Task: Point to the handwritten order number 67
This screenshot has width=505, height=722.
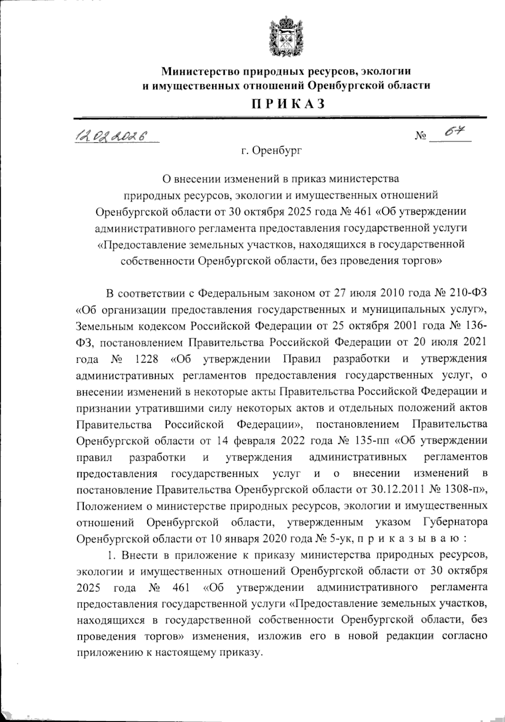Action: (454, 134)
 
